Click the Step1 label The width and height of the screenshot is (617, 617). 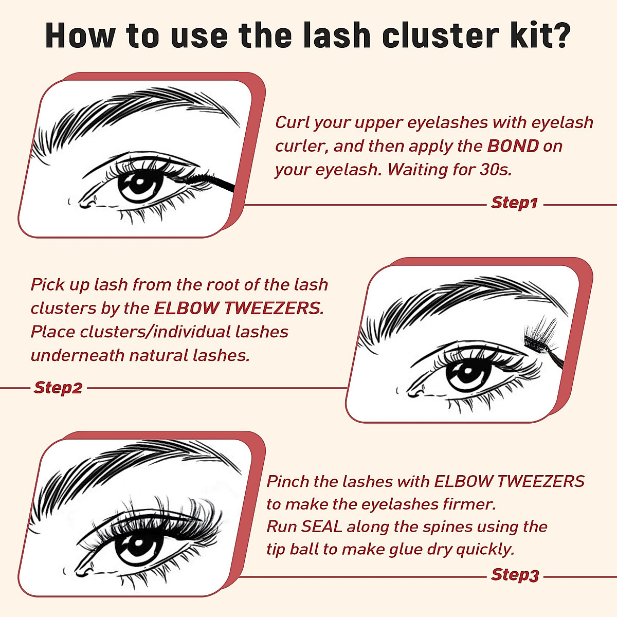pos(514,203)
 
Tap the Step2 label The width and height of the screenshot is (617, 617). pos(58,388)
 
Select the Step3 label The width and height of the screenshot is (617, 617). pos(515,574)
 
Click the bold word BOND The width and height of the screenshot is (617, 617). pos(513,146)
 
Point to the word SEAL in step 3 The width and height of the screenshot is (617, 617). pos(322,527)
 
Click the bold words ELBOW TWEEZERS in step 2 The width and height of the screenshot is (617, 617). pos(238,308)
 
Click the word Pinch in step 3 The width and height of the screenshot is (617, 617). pos(287,482)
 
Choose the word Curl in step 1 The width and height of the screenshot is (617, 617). pos(292,122)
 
